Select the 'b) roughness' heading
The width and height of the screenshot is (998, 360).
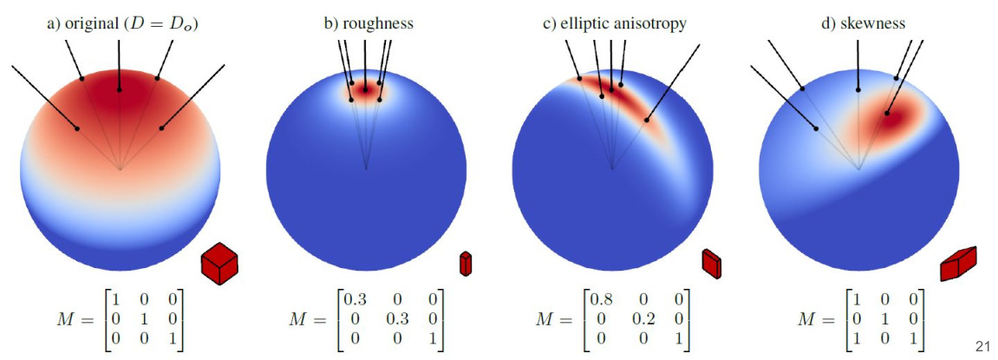coord(369,24)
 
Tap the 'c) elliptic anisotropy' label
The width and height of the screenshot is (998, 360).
coord(614,24)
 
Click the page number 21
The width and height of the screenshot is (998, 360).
coord(982,347)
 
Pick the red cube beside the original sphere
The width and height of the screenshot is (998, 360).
coord(219,262)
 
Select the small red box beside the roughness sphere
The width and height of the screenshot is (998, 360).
coord(466,263)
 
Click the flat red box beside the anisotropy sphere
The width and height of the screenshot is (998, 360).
coord(711,264)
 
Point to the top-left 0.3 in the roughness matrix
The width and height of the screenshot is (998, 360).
coord(356,299)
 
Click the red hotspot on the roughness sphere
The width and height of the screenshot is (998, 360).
coord(366,88)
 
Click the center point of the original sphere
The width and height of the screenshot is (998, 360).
coord(120,168)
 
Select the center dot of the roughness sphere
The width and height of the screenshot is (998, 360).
coord(366,168)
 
